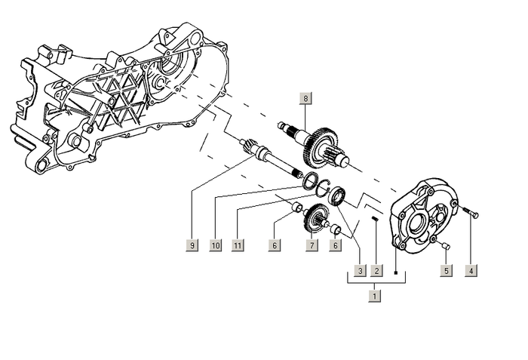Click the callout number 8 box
(x=305, y=99)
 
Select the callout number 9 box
(x=192, y=245)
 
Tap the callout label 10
(x=216, y=245)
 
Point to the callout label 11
(x=238, y=245)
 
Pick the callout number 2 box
(x=376, y=270)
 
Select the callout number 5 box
(x=446, y=270)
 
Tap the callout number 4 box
(x=471, y=270)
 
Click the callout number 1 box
(x=375, y=297)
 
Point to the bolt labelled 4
(x=472, y=214)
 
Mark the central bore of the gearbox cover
(x=416, y=223)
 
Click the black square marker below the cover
(x=395, y=248)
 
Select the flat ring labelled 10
(x=309, y=180)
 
